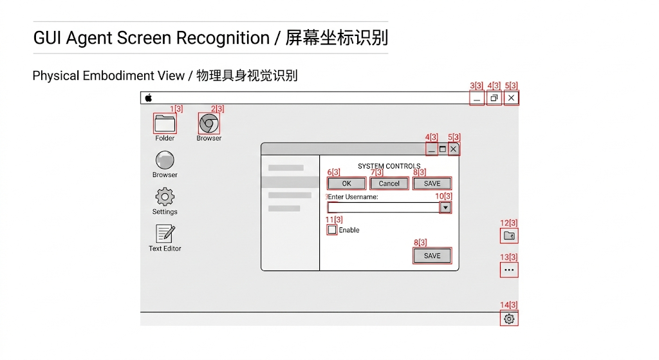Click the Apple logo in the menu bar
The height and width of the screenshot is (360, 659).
149,98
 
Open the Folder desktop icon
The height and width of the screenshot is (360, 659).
165,123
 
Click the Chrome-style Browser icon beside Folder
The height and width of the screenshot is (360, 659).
209,123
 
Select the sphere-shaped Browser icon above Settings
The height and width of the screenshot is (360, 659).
165,160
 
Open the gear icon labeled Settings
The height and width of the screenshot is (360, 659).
165,197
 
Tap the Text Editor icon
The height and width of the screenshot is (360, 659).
165,234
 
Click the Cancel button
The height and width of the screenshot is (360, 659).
389,184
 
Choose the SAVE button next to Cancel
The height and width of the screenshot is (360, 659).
432,184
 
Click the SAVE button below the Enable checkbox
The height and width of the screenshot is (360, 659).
432,256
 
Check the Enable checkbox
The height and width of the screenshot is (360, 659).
332,230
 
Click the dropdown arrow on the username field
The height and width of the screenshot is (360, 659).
445,207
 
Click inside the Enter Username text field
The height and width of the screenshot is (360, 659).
383,207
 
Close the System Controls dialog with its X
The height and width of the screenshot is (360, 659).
454,149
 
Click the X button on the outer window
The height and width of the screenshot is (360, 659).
511,98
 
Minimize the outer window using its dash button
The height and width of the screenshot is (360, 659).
477,99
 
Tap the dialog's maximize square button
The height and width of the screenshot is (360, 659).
443,149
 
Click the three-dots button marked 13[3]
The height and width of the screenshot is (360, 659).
509,270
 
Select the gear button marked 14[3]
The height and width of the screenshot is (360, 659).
509,319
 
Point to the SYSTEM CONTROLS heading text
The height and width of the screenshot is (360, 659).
389,166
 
